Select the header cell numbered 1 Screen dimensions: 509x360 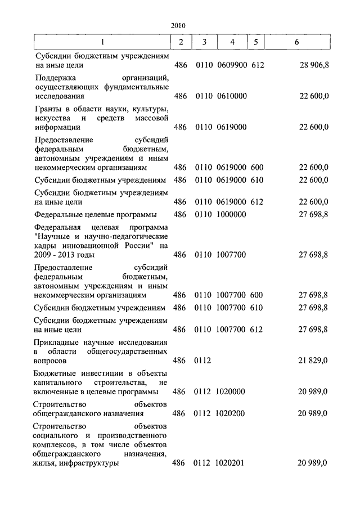pyautogui.click(x=102, y=42)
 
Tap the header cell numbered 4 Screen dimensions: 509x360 pyautogui.click(x=232, y=42)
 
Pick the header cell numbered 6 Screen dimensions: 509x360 pyautogui.click(x=296, y=42)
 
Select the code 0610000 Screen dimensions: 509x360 pyautogui.click(x=231, y=96)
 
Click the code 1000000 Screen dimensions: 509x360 pyautogui.click(x=231, y=214)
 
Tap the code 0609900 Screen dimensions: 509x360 pyautogui.click(x=231, y=65)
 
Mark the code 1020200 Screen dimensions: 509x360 pyautogui.click(x=231, y=413)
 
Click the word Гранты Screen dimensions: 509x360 pyautogui.click(x=49, y=109)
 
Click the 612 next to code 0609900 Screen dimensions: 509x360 pyautogui.click(x=258, y=65)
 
